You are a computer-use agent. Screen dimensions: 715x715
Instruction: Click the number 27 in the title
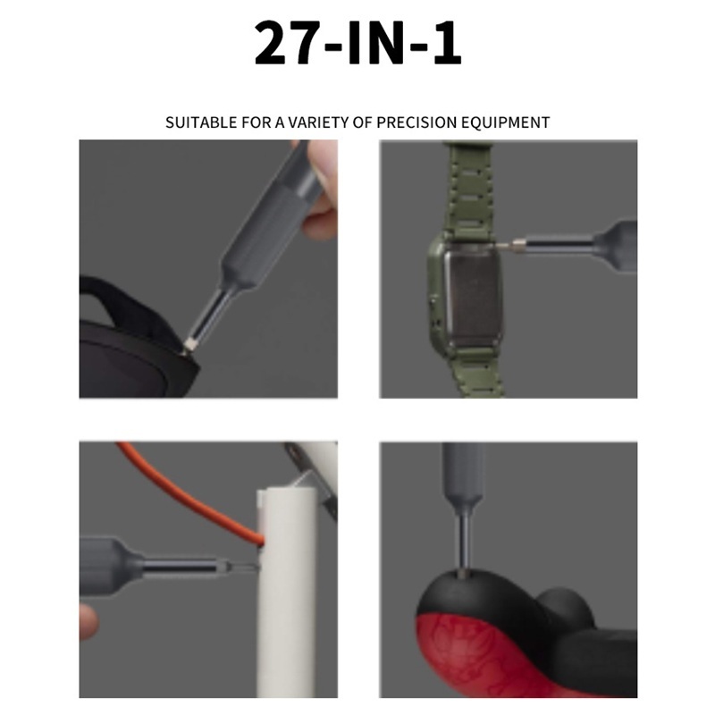(x=285, y=43)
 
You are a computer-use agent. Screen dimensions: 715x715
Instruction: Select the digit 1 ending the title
(x=447, y=44)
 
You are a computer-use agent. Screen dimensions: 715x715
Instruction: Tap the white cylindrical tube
(x=286, y=593)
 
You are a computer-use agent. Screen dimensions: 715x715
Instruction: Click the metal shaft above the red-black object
(x=464, y=543)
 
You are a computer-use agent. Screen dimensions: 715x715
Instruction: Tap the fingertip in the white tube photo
(x=88, y=621)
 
